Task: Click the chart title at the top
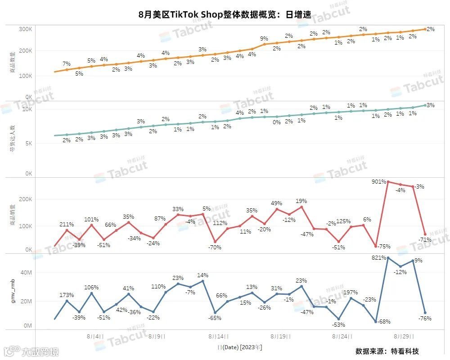click(225, 14)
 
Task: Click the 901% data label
click(378, 182)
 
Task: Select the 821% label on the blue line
click(378, 258)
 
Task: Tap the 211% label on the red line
click(67, 224)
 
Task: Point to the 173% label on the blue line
click(67, 295)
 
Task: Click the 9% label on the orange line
click(264, 38)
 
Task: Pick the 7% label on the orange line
click(67, 63)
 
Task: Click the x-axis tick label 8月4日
click(94, 336)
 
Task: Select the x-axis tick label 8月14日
click(219, 336)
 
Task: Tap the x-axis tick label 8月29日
click(403, 336)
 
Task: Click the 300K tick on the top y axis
click(25, 29)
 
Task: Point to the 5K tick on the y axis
click(27, 144)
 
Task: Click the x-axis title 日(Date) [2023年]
click(240, 347)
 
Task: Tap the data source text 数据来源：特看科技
click(387, 351)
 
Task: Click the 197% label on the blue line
click(351, 292)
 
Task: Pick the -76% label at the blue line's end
click(424, 319)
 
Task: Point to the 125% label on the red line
click(343, 221)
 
